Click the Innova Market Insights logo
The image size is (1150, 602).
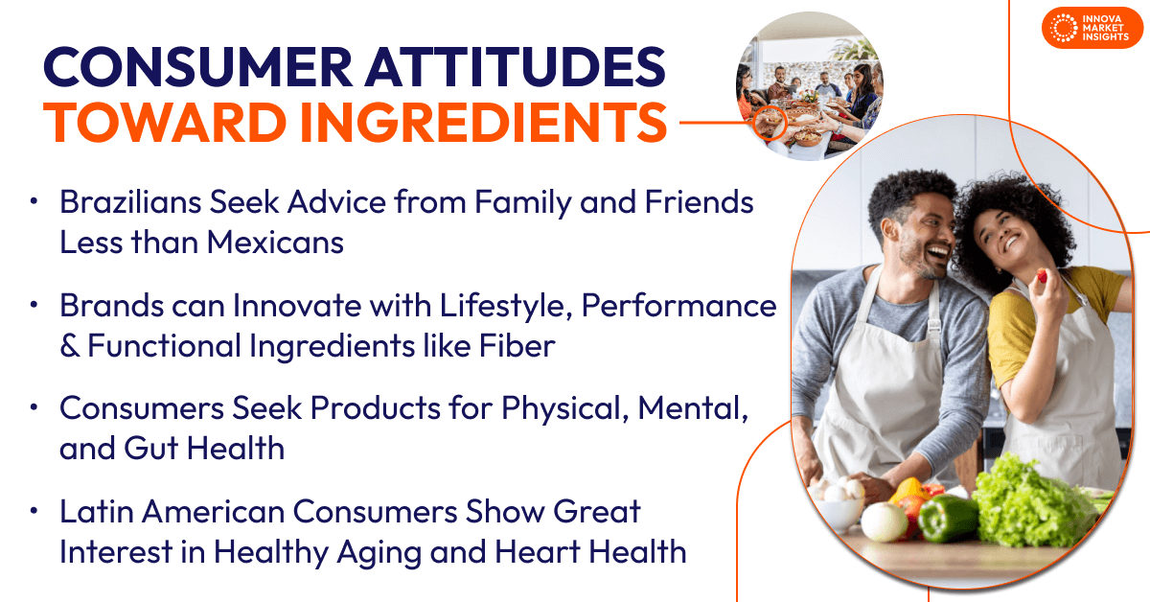pyautogui.click(x=1092, y=28)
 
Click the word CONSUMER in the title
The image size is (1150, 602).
pyautogui.click(x=198, y=67)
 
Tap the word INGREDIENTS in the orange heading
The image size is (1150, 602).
pyautogui.click(x=483, y=123)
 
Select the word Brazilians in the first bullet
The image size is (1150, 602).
pyautogui.click(x=130, y=202)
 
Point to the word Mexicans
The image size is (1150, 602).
pyautogui.click(x=275, y=242)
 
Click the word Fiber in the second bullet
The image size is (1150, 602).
pyautogui.click(x=517, y=345)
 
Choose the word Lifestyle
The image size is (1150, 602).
pyautogui.click(x=506, y=307)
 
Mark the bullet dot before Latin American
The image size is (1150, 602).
pyautogui.click(x=34, y=511)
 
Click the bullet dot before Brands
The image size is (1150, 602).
pyautogui.click(x=34, y=305)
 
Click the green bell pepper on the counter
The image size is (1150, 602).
pyautogui.click(x=947, y=519)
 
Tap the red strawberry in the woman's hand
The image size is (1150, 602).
pyautogui.click(x=1042, y=276)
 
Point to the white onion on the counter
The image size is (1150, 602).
pyautogui.click(x=883, y=521)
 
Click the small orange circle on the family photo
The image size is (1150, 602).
pyautogui.click(x=770, y=124)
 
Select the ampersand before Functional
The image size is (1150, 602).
pyautogui.click(x=70, y=345)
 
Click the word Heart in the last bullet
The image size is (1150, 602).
pyautogui.click(x=537, y=551)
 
